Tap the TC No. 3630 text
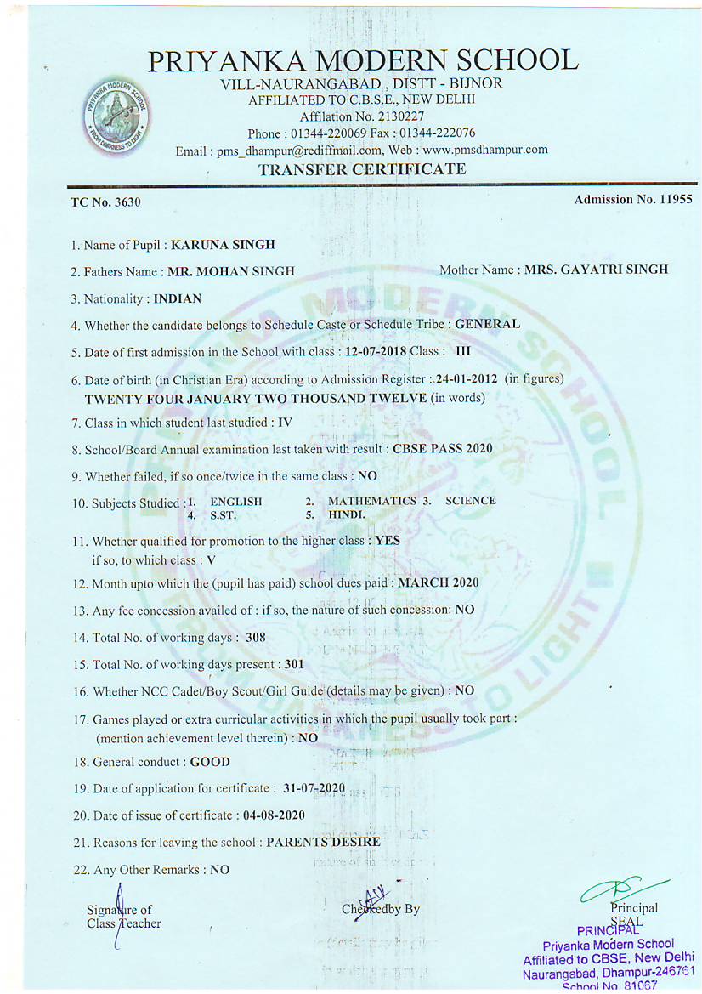(x=105, y=202)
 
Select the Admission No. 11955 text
(x=632, y=199)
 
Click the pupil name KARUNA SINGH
(x=223, y=245)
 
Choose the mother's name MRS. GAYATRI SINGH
(x=596, y=270)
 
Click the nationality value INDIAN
(x=178, y=298)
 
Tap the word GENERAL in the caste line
(x=488, y=324)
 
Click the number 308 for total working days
(x=255, y=637)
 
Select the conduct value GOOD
(x=210, y=762)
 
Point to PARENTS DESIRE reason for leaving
(x=323, y=842)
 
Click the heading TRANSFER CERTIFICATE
(x=362, y=169)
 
